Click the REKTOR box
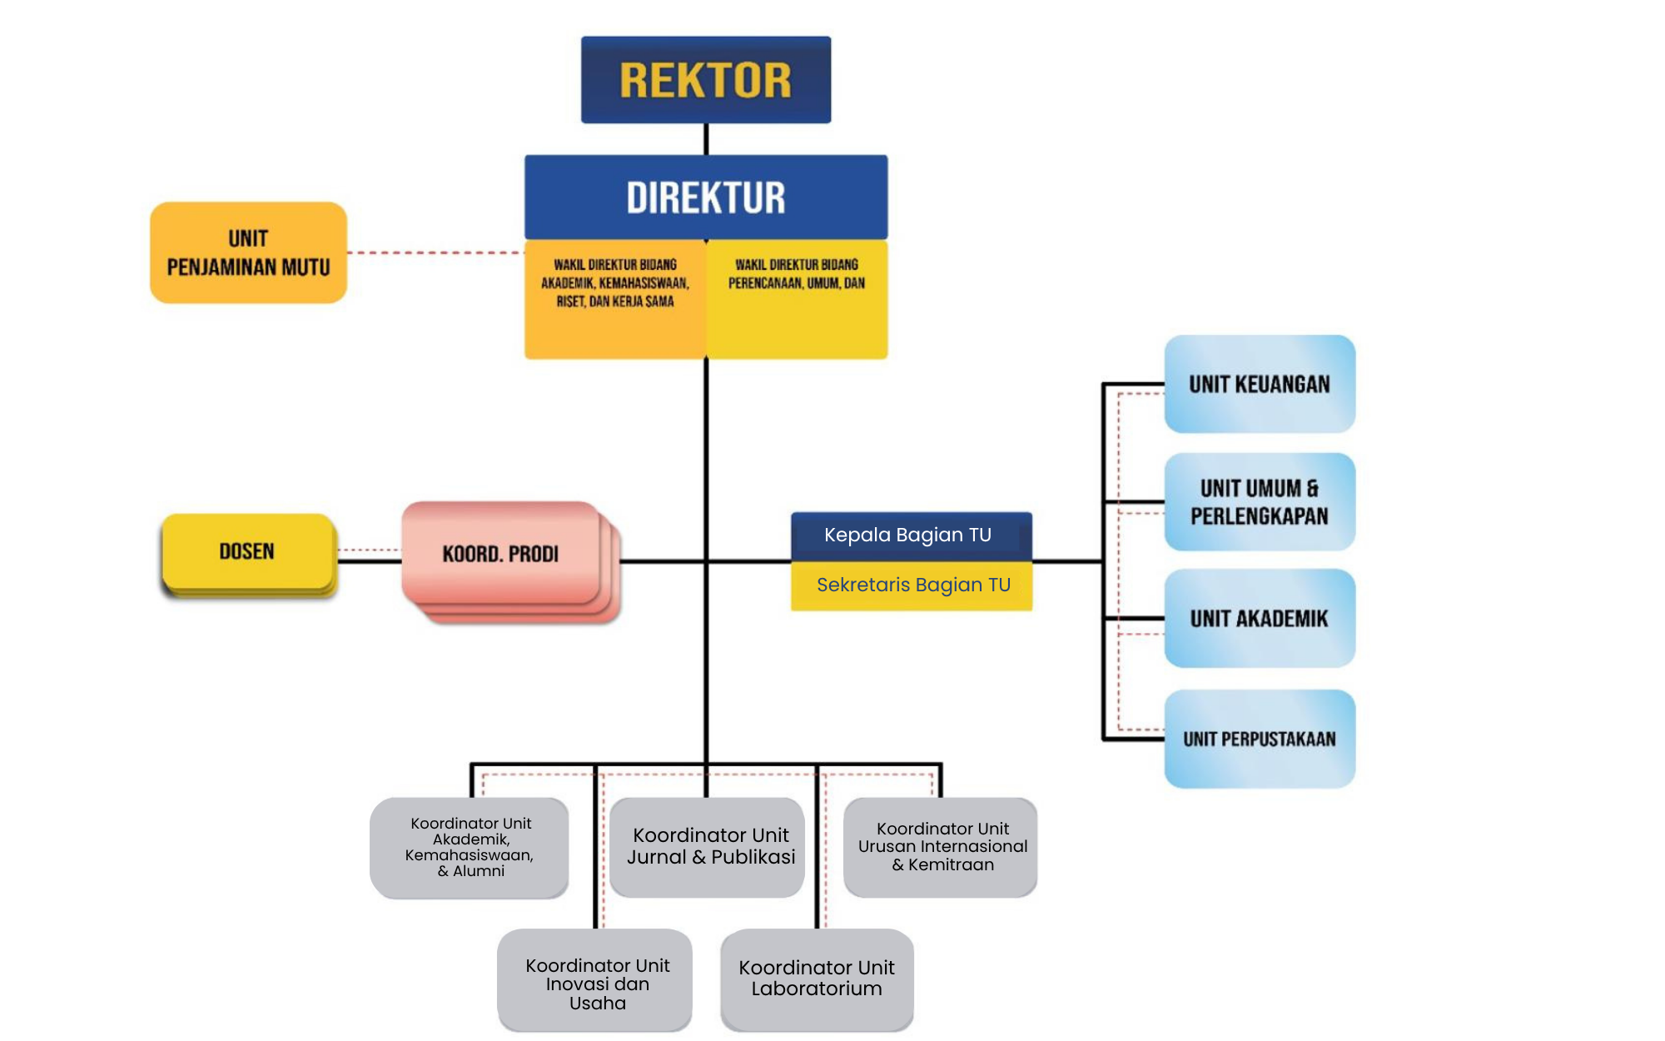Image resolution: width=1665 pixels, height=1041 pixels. click(x=705, y=80)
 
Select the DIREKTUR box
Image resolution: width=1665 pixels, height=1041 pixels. click(x=705, y=197)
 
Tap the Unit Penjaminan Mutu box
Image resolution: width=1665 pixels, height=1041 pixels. click(x=248, y=252)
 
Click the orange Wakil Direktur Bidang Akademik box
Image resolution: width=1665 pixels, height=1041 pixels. click(x=614, y=300)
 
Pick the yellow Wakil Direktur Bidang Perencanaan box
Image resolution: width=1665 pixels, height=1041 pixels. click(x=797, y=300)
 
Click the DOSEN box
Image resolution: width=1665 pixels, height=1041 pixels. click(x=247, y=551)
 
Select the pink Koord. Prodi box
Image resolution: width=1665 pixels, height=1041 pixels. click(x=499, y=554)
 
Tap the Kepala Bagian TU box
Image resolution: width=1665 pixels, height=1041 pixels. click(x=911, y=535)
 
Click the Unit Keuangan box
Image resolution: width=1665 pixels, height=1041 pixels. click(x=1259, y=384)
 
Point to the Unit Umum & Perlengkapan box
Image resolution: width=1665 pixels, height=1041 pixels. click(x=1259, y=501)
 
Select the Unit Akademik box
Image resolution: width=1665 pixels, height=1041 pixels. click(x=1259, y=618)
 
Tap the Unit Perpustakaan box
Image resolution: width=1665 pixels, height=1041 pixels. click(x=1259, y=739)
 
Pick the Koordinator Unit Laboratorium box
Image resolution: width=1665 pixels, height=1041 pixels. click(x=817, y=979)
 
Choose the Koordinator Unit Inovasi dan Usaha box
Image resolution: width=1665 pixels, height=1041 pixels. click(x=595, y=981)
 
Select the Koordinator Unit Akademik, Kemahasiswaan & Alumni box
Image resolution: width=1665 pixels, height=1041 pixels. click(x=470, y=847)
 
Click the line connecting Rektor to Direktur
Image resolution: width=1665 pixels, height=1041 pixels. click(x=706, y=139)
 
